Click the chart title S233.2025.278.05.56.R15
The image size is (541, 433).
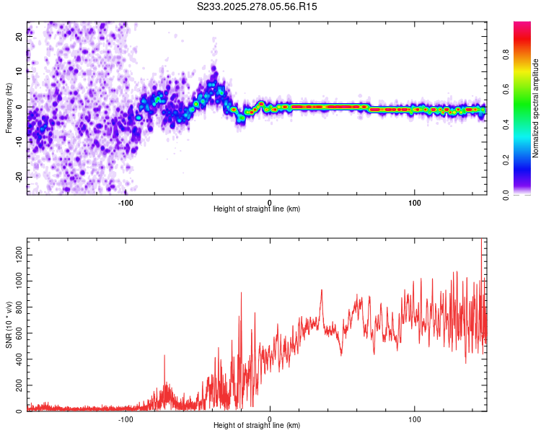point(257,6)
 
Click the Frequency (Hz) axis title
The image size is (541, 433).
point(9,108)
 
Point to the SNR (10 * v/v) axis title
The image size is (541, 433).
point(9,325)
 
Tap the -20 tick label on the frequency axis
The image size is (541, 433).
point(18,177)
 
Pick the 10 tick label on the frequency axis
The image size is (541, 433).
point(19,71)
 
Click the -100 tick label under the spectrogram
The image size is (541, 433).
point(126,202)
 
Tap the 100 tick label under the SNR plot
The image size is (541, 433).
point(415,419)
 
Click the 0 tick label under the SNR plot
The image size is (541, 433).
point(270,419)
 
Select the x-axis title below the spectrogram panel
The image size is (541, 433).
point(257,209)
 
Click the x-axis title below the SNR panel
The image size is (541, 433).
point(257,426)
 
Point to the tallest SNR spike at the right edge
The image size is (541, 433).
point(481,242)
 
